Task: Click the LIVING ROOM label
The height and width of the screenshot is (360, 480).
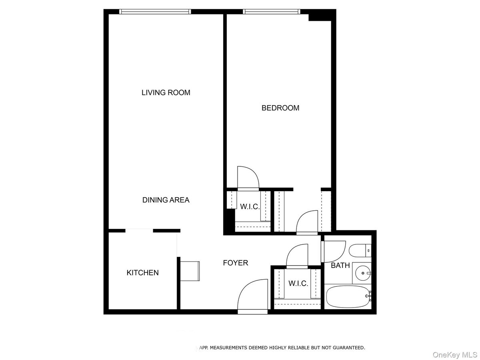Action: click(166, 93)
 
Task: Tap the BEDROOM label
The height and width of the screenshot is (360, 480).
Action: click(280, 108)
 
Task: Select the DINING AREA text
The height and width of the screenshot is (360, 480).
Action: click(166, 200)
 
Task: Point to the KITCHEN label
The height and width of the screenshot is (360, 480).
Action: click(142, 273)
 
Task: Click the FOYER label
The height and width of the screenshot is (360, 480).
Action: click(235, 263)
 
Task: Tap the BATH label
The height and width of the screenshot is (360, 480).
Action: click(340, 265)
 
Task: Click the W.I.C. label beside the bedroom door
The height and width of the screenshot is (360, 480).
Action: click(250, 207)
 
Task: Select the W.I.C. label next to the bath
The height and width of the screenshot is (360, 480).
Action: click(298, 284)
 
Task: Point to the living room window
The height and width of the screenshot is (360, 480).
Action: click(156, 12)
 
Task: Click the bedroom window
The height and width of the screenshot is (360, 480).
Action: click(272, 12)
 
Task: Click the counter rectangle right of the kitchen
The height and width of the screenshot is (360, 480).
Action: click(190, 271)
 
